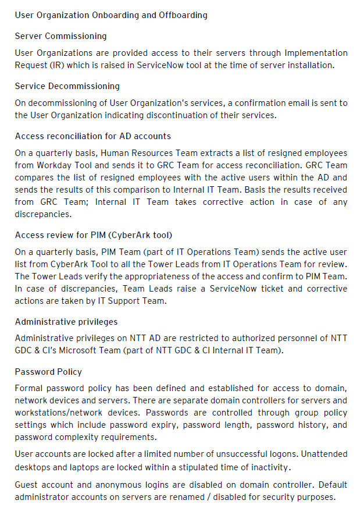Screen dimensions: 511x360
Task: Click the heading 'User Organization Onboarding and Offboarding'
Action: [111, 15]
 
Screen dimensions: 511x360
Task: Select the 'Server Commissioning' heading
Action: [61, 36]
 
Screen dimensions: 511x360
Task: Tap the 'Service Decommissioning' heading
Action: [67, 86]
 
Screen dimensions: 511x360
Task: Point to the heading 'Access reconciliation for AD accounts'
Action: [93, 136]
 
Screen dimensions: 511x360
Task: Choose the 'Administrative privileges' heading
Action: [66, 322]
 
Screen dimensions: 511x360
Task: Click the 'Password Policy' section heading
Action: [48, 372]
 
